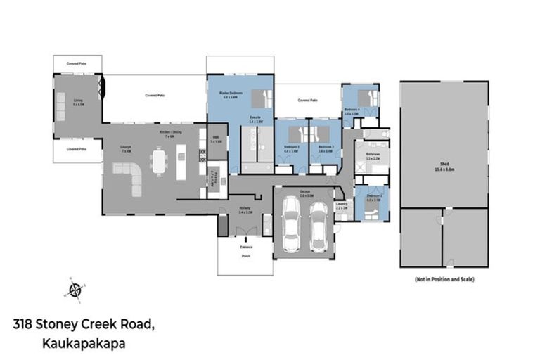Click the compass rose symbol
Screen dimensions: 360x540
pyautogui.click(x=75, y=289)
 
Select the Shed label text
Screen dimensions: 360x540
pyautogui.click(x=444, y=167)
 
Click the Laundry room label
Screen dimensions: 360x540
pyautogui.click(x=342, y=206)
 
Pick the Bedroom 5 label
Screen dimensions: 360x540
pyautogui.click(x=374, y=198)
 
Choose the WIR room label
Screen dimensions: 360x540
pyautogui.click(x=216, y=140)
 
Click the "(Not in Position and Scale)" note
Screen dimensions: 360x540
pyautogui.click(x=444, y=279)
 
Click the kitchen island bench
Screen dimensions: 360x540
pyautogui.click(x=181, y=162)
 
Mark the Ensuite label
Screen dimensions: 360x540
pyautogui.click(x=256, y=119)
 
